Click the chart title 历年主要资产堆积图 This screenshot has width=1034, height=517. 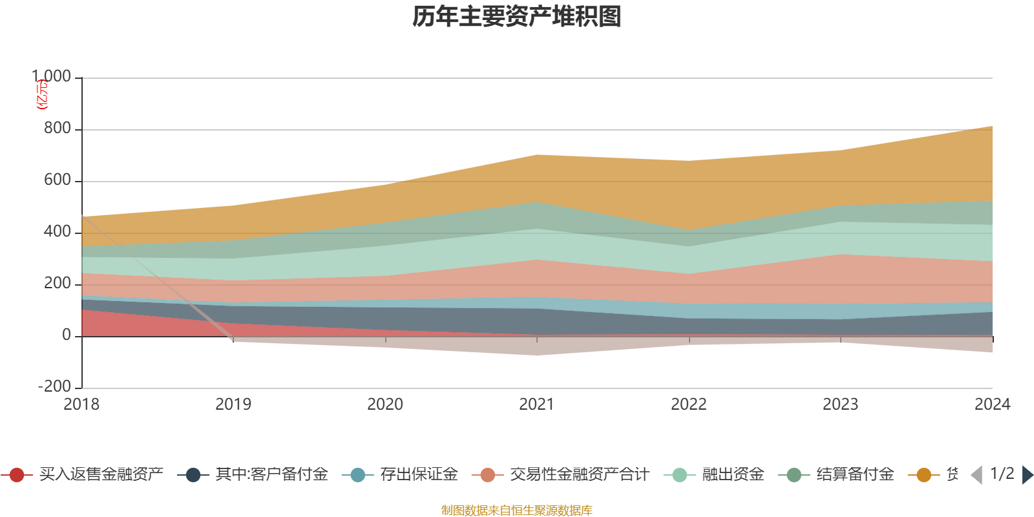pyautogui.click(x=517, y=17)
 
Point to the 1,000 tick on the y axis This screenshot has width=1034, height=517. pyautogui.click(x=52, y=77)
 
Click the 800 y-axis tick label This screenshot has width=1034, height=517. pyautogui.click(x=57, y=129)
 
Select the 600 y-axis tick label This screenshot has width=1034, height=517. pyautogui.click(x=57, y=180)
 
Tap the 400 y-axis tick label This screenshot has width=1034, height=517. pyautogui.click(x=57, y=232)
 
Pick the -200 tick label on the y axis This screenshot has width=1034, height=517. pyautogui.click(x=54, y=387)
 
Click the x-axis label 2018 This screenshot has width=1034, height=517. pyautogui.click(x=81, y=405)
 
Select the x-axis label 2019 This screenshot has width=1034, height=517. pyautogui.click(x=233, y=405)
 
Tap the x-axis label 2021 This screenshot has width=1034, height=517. pyautogui.click(x=537, y=405)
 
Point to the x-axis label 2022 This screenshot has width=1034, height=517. pyautogui.click(x=689, y=405)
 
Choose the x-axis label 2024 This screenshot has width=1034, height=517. pyautogui.click(x=992, y=405)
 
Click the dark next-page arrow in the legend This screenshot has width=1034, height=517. pyautogui.click(x=1028, y=475)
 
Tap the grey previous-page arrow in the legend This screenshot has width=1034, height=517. pyautogui.click(x=976, y=475)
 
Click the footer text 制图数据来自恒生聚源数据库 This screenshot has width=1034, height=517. pyautogui.click(x=517, y=511)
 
